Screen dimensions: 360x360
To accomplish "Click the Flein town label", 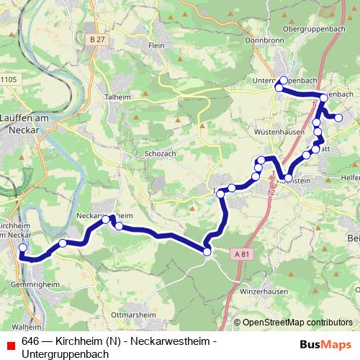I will click(x=156, y=45).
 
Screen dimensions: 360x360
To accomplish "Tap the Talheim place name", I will click(x=117, y=96).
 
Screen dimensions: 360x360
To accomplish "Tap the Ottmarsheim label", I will click(x=130, y=315).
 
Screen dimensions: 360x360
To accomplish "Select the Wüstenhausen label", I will click(x=277, y=132).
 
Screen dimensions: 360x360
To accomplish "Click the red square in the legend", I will click(x=9, y=342).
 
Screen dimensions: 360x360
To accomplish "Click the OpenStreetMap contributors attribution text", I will click(x=297, y=323).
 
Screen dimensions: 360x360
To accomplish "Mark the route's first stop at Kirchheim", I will click(x=22, y=248).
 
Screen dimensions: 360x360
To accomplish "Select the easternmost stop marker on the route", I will click(x=338, y=118).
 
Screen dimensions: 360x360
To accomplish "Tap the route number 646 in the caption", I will click(x=30, y=341).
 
